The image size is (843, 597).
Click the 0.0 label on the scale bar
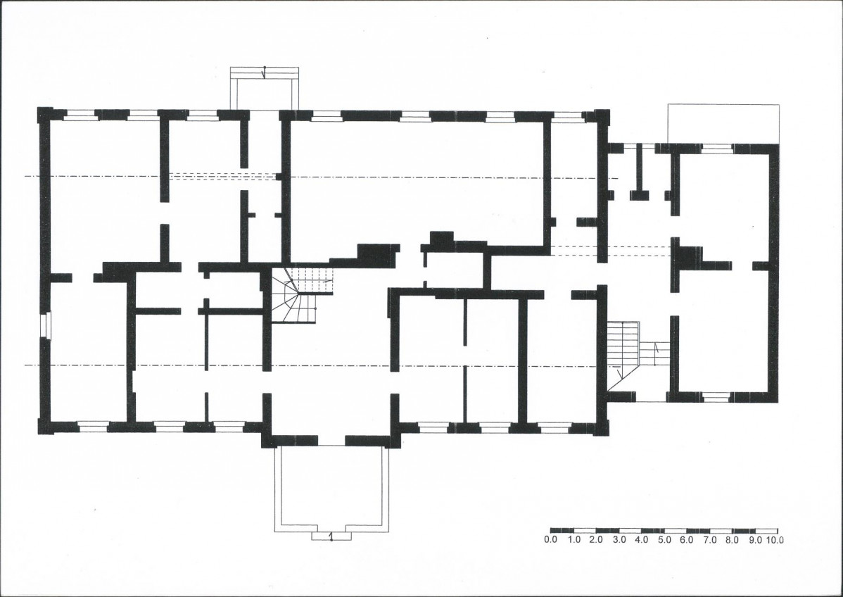point(550,539)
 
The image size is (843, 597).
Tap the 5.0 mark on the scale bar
point(664,539)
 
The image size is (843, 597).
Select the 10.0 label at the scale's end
point(775,539)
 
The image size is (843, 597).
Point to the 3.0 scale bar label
point(619,539)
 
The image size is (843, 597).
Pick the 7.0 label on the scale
point(710,539)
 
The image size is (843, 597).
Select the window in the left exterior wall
point(45,326)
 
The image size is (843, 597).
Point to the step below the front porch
point(331,536)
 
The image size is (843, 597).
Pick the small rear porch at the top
point(264,88)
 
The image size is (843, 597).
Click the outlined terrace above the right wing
point(723,124)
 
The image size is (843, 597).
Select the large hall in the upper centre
point(417,183)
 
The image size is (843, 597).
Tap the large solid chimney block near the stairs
point(378,255)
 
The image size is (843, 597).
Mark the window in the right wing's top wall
point(717,149)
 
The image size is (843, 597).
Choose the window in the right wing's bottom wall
point(716,397)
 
